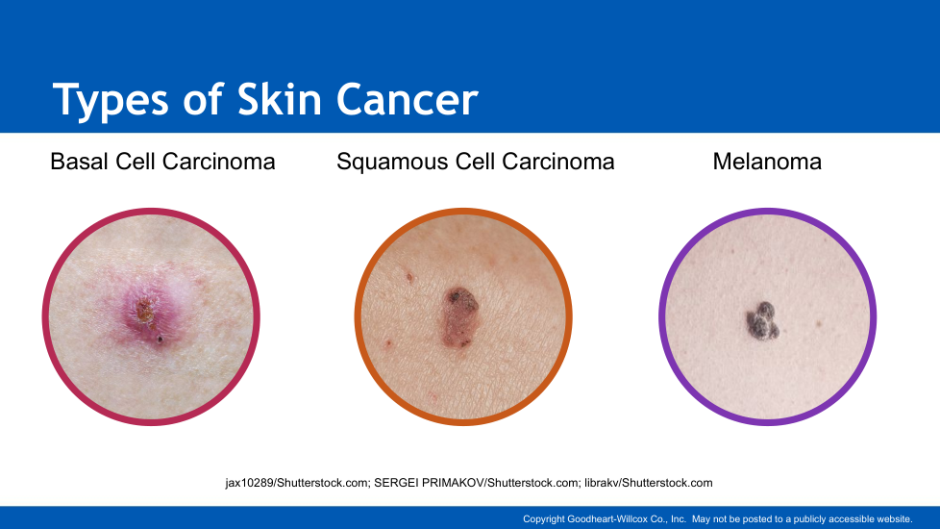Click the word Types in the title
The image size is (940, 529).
click(111, 101)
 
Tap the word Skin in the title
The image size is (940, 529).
click(280, 99)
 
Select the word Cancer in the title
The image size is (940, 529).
click(408, 100)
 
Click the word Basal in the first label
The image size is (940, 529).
click(79, 162)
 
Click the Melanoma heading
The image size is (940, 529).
click(767, 162)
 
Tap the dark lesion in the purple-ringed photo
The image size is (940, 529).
click(762, 320)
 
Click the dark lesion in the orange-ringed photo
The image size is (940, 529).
click(459, 317)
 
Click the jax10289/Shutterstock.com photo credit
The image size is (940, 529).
click(297, 483)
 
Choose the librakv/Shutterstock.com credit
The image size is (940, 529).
click(649, 483)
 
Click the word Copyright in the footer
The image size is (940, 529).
click(544, 518)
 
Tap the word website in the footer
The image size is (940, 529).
click(894, 518)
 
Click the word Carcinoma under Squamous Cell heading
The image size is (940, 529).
click(558, 162)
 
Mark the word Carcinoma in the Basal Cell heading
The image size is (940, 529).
click(219, 162)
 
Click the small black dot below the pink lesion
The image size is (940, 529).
click(161, 339)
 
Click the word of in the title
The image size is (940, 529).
click(203, 99)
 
